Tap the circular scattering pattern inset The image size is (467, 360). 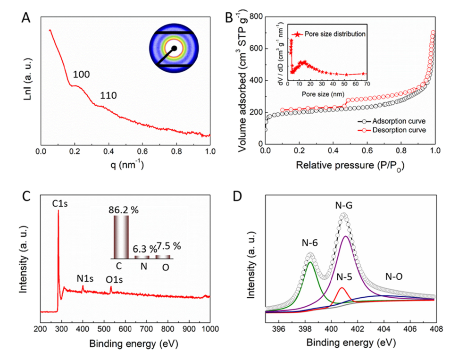coord(174,48)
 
